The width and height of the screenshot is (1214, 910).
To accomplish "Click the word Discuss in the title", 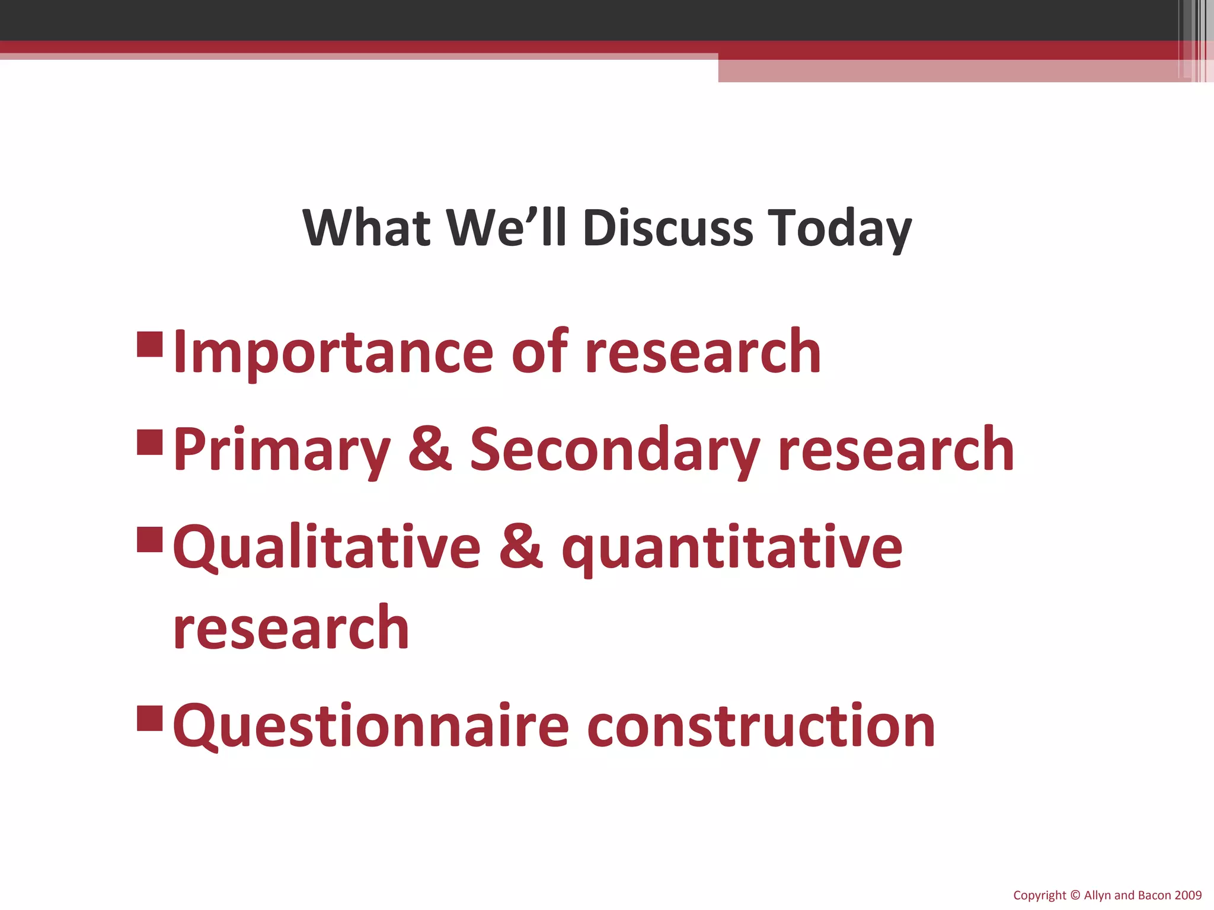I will pyautogui.click(x=668, y=228).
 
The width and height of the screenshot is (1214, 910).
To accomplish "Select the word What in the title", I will pyautogui.click(x=366, y=228).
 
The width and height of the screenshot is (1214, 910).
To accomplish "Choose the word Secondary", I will pyautogui.click(x=615, y=450).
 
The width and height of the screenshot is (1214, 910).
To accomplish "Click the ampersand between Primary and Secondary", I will pyautogui.click(x=430, y=450).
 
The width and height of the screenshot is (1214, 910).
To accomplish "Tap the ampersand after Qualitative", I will pyautogui.click(x=520, y=547).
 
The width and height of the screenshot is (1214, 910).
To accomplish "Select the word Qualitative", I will pyautogui.click(x=327, y=547).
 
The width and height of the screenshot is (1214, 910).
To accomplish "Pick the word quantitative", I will pyautogui.click(x=732, y=549).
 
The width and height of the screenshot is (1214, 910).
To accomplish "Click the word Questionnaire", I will pyautogui.click(x=371, y=726).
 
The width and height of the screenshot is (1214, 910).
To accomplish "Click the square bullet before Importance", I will pyautogui.click(x=149, y=344).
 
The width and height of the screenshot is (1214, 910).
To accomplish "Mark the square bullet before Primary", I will pyautogui.click(x=149, y=442).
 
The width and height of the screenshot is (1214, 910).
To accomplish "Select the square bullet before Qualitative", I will pyautogui.click(x=149, y=540).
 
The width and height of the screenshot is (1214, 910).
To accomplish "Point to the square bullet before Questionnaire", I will pyautogui.click(x=149, y=717).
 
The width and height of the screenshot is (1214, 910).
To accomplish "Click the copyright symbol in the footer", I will pyautogui.click(x=1075, y=895).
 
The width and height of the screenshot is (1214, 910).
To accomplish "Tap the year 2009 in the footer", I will pyautogui.click(x=1187, y=895).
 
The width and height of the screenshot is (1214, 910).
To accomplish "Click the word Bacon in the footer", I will pyautogui.click(x=1154, y=895).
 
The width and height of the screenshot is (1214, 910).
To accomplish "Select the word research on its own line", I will pyautogui.click(x=291, y=628).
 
